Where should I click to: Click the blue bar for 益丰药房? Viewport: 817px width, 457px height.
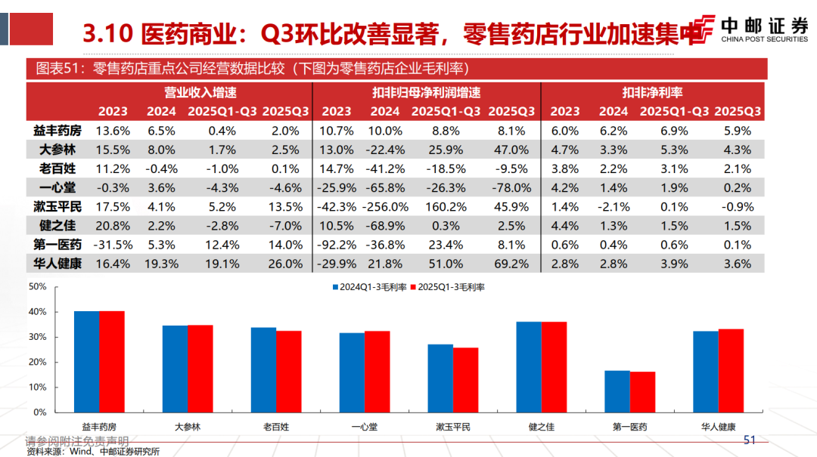[86, 362]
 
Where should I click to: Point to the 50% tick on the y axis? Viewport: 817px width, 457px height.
[38, 286]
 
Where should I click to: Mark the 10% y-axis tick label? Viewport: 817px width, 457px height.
[38, 387]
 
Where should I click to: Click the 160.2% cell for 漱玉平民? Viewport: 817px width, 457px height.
[446, 206]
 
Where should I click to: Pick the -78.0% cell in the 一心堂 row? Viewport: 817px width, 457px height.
[511, 187]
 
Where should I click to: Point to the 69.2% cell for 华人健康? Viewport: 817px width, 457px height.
[511, 264]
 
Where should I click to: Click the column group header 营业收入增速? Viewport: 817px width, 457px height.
[200, 92]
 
